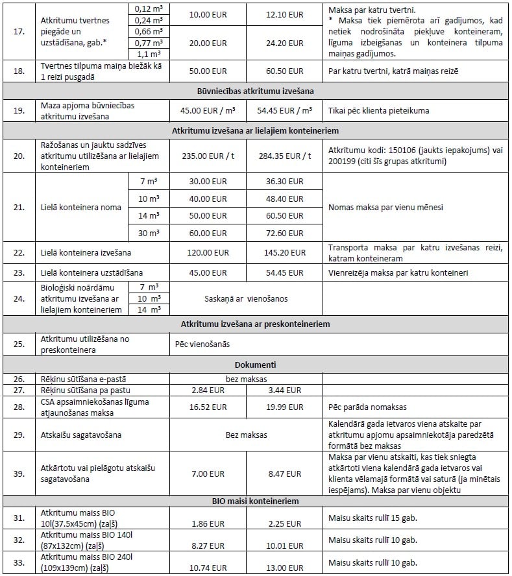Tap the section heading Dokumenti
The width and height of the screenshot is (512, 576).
point(255,365)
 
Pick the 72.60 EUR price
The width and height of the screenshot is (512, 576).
point(285,232)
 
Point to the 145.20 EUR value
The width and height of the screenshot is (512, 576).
point(285,253)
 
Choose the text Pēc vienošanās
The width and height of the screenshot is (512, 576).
point(202,344)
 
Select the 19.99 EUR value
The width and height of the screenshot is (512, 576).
point(285,407)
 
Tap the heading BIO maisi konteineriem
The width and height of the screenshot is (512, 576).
point(255,501)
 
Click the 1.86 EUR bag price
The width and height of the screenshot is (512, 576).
point(209,523)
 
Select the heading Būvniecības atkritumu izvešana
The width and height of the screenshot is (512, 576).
point(255,90)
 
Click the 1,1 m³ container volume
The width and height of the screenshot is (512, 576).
point(148,54)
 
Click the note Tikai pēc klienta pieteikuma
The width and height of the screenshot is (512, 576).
point(378,110)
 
